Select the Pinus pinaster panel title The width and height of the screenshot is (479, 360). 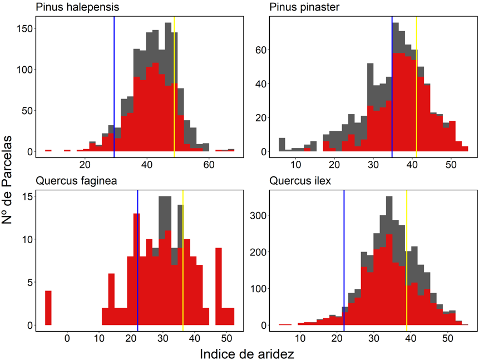[x=305, y=7]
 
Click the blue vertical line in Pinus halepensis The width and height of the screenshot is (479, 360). [x=114, y=83]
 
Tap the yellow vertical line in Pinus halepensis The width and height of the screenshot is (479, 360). [x=174, y=83]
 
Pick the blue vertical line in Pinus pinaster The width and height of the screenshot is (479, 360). [x=392, y=83]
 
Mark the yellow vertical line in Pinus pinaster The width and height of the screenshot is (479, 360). [x=416, y=83]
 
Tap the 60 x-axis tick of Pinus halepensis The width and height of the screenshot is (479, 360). [x=209, y=164]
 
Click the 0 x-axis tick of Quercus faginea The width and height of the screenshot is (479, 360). [x=67, y=337]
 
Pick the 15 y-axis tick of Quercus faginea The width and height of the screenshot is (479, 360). [x=27, y=196]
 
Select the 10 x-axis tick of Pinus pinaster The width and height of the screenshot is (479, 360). [x=295, y=164]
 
